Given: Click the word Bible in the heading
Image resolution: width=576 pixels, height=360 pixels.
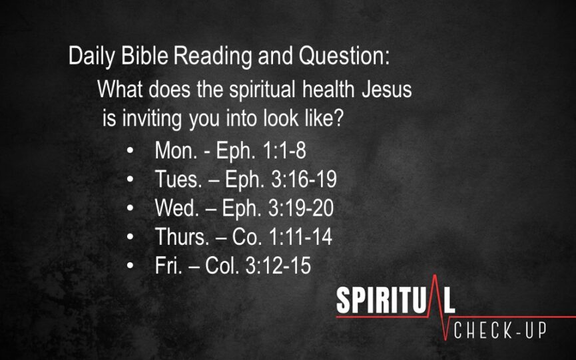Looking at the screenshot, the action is [144, 56].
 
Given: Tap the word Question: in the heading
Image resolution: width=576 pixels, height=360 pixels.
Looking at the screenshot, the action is [344, 57].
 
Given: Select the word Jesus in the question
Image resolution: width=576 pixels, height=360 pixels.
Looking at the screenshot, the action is [387, 89].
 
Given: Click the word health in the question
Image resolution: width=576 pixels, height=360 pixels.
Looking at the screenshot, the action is [328, 89].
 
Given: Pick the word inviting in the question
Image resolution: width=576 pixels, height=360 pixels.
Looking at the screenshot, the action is [152, 119].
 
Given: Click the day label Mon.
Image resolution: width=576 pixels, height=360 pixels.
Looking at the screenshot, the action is [176, 150].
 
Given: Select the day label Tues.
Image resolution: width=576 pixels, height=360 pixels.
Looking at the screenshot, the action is [178, 179].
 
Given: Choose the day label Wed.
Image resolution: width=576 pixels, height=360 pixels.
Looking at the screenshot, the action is [177, 208].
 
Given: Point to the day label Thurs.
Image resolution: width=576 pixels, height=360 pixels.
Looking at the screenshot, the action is [182, 236].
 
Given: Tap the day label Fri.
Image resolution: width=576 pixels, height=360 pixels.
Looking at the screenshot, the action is [168, 265].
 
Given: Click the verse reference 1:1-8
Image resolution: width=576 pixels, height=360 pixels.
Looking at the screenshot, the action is [285, 150].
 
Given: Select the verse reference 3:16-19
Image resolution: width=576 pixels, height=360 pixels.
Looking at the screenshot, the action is [304, 179].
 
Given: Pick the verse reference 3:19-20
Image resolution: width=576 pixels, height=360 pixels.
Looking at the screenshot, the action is [301, 208].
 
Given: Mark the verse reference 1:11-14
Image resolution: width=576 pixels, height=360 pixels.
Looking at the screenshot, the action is [300, 236].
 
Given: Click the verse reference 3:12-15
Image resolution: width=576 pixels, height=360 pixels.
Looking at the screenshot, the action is [278, 265].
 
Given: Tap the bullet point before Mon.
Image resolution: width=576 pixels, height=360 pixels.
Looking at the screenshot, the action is [130, 150].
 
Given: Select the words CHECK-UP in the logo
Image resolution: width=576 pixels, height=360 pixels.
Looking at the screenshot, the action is [500, 331].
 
